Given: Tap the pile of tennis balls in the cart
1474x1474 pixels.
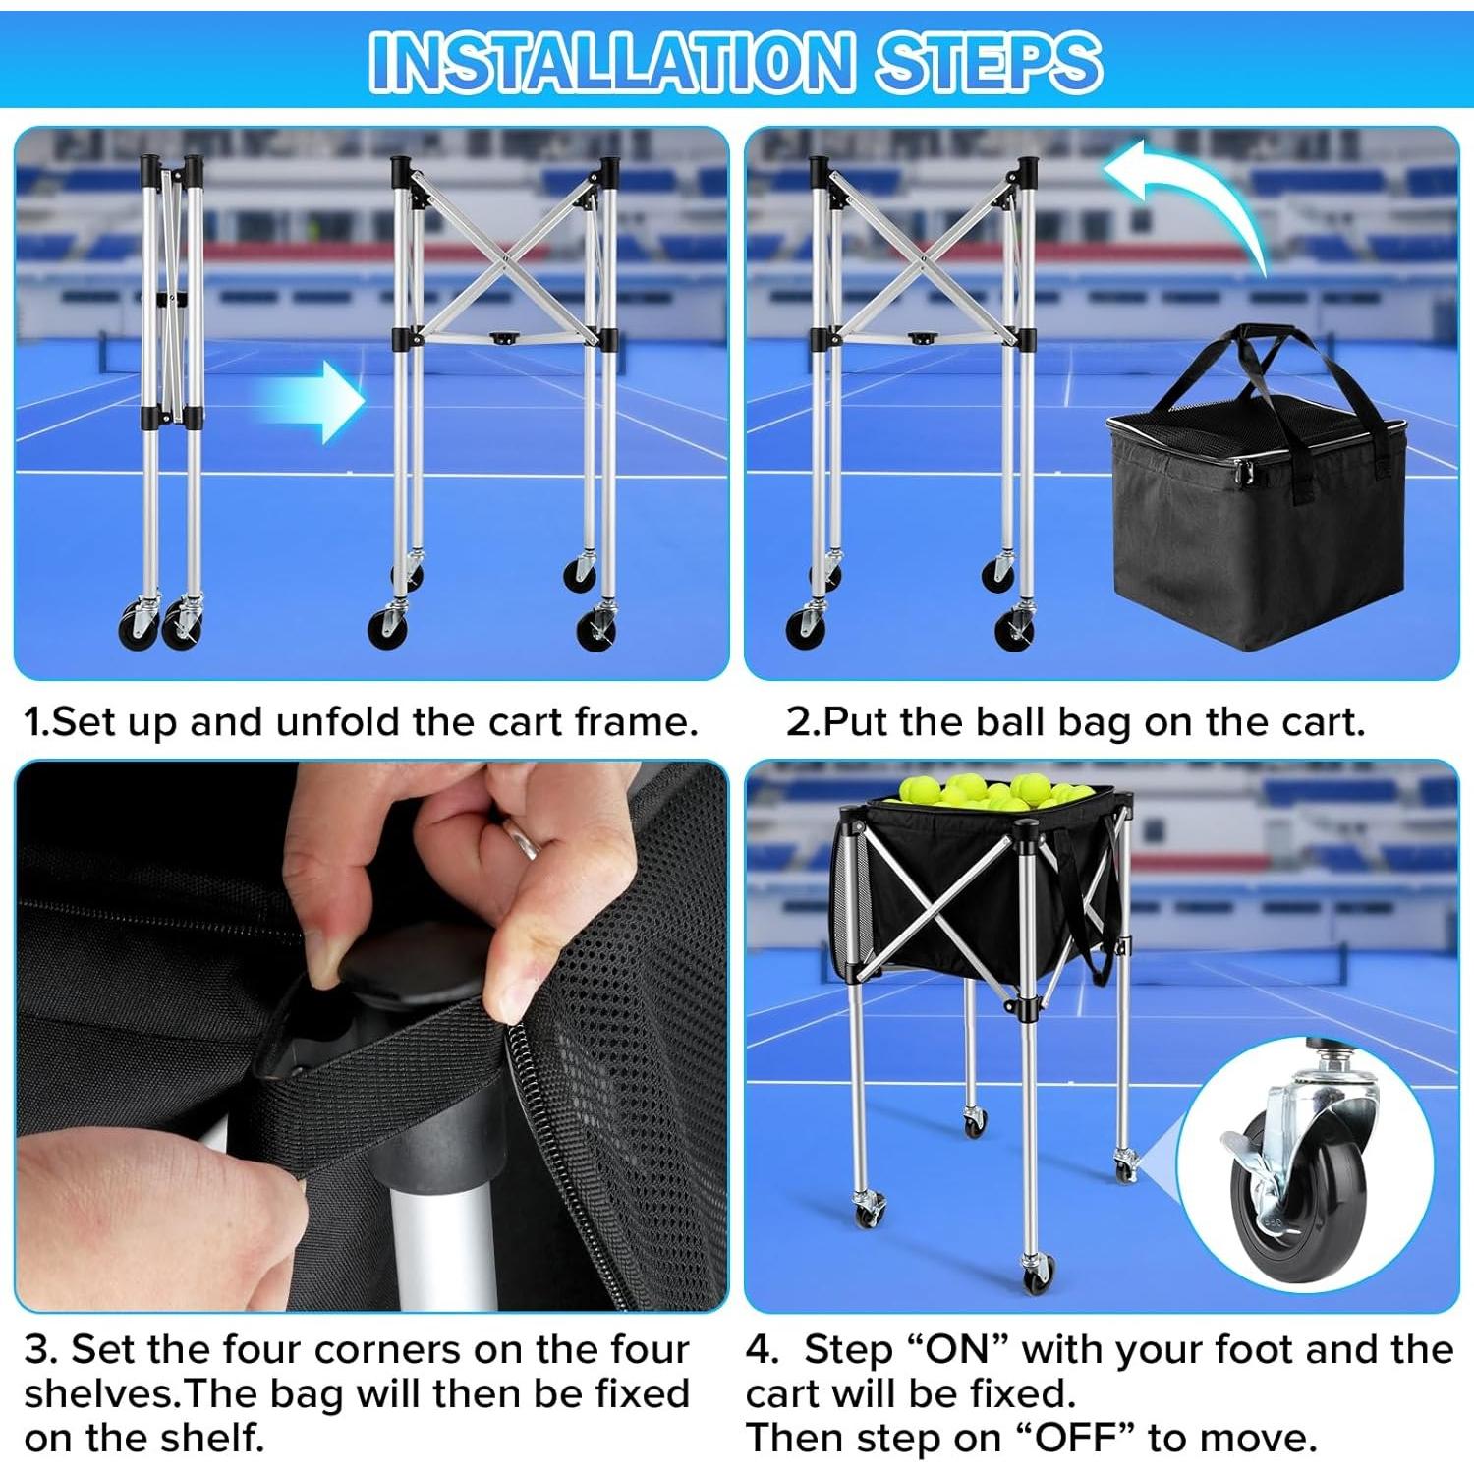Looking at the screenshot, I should pos(988,792).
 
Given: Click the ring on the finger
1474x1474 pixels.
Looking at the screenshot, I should pos(523,840).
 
